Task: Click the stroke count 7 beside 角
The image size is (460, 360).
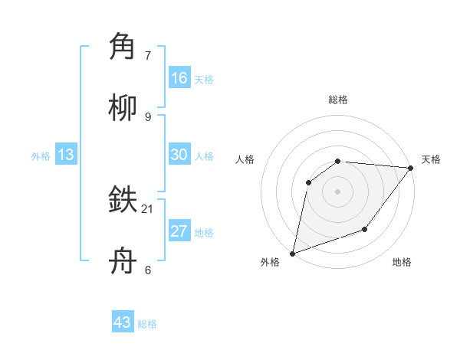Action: point(149,56)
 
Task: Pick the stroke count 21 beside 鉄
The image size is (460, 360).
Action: point(148,208)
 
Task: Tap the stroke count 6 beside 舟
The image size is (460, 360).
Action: point(148,270)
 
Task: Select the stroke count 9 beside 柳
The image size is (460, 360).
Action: point(148,116)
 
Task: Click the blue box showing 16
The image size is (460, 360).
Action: point(179,78)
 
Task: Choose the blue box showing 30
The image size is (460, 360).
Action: point(179,155)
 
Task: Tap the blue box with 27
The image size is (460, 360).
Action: point(179,231)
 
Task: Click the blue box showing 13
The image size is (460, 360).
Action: point(66,155)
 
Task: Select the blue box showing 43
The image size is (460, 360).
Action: point(123,322)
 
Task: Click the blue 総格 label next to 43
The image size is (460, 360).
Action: point(148,324)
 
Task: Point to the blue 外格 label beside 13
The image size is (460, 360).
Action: point(41,156)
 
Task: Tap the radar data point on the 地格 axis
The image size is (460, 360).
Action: point(365,229)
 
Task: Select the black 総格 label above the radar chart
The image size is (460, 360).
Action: point(338,100)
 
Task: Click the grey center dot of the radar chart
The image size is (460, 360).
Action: point(337,191)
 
